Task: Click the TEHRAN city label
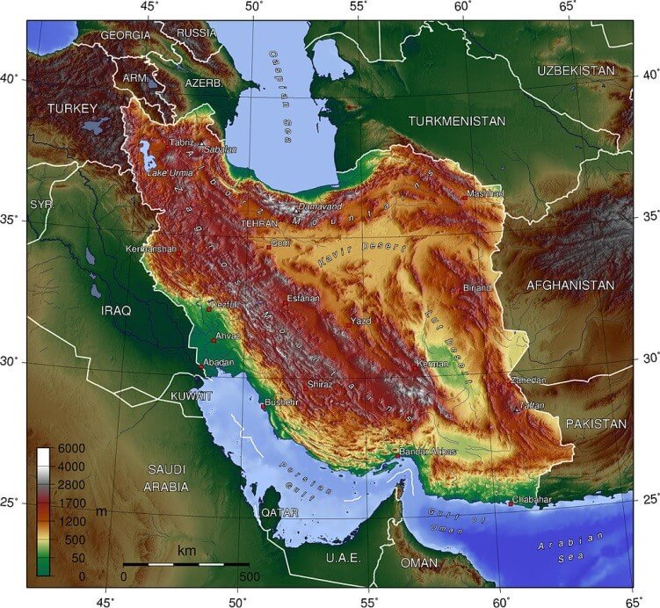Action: (x=259, y=224)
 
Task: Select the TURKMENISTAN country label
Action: (x=457, y=120)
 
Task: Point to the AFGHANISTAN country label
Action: (x=569, y=286)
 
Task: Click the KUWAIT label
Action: (x=192, y=396)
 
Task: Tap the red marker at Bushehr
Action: (x=263, y=406)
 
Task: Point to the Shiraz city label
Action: (x=320, y=384)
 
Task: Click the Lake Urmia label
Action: (x=169, y=173)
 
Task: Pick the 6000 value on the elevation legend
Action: (x=71, y=449)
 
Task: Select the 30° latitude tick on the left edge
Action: (x=12, y=362)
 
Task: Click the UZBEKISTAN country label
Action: (x=577, y=69)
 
